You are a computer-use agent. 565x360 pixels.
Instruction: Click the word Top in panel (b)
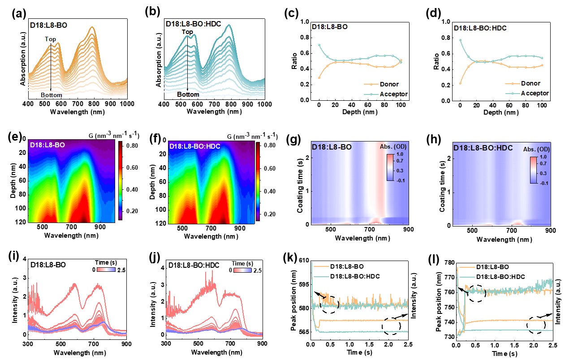click(x=187, y=32)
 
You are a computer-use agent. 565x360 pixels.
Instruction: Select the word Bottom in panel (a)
click(x=51, y=95)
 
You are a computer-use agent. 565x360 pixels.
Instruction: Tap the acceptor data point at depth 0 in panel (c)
click(x=319, y=45)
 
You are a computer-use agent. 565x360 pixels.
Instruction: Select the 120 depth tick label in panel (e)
click(x=20, y=223)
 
